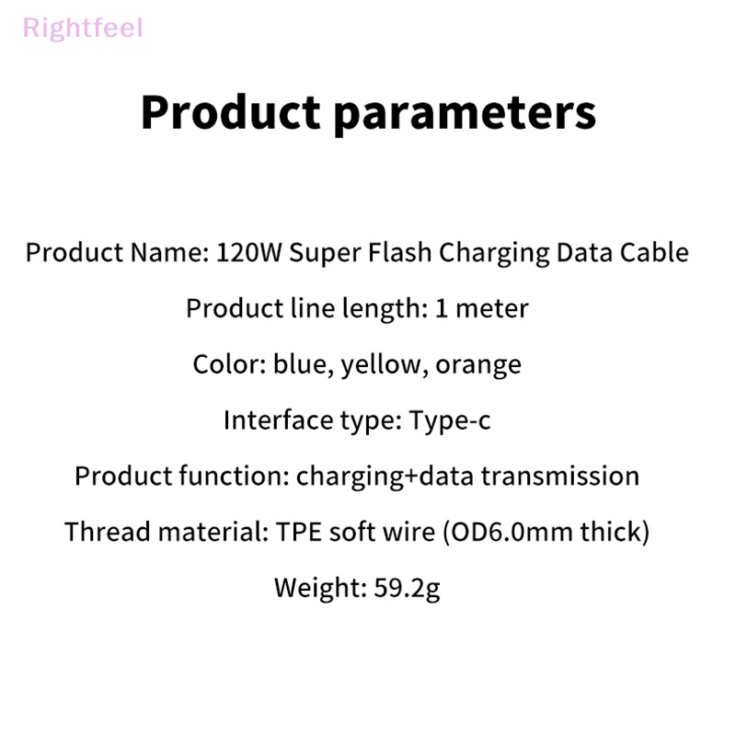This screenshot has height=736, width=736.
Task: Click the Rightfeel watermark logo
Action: pos(83,28)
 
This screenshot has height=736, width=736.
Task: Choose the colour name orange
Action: pos(478,364)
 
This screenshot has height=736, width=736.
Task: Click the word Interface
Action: pos(268,420)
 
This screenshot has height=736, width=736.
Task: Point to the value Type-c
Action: pos(450,420)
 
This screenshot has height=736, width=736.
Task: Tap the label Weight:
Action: pos(310,588)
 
